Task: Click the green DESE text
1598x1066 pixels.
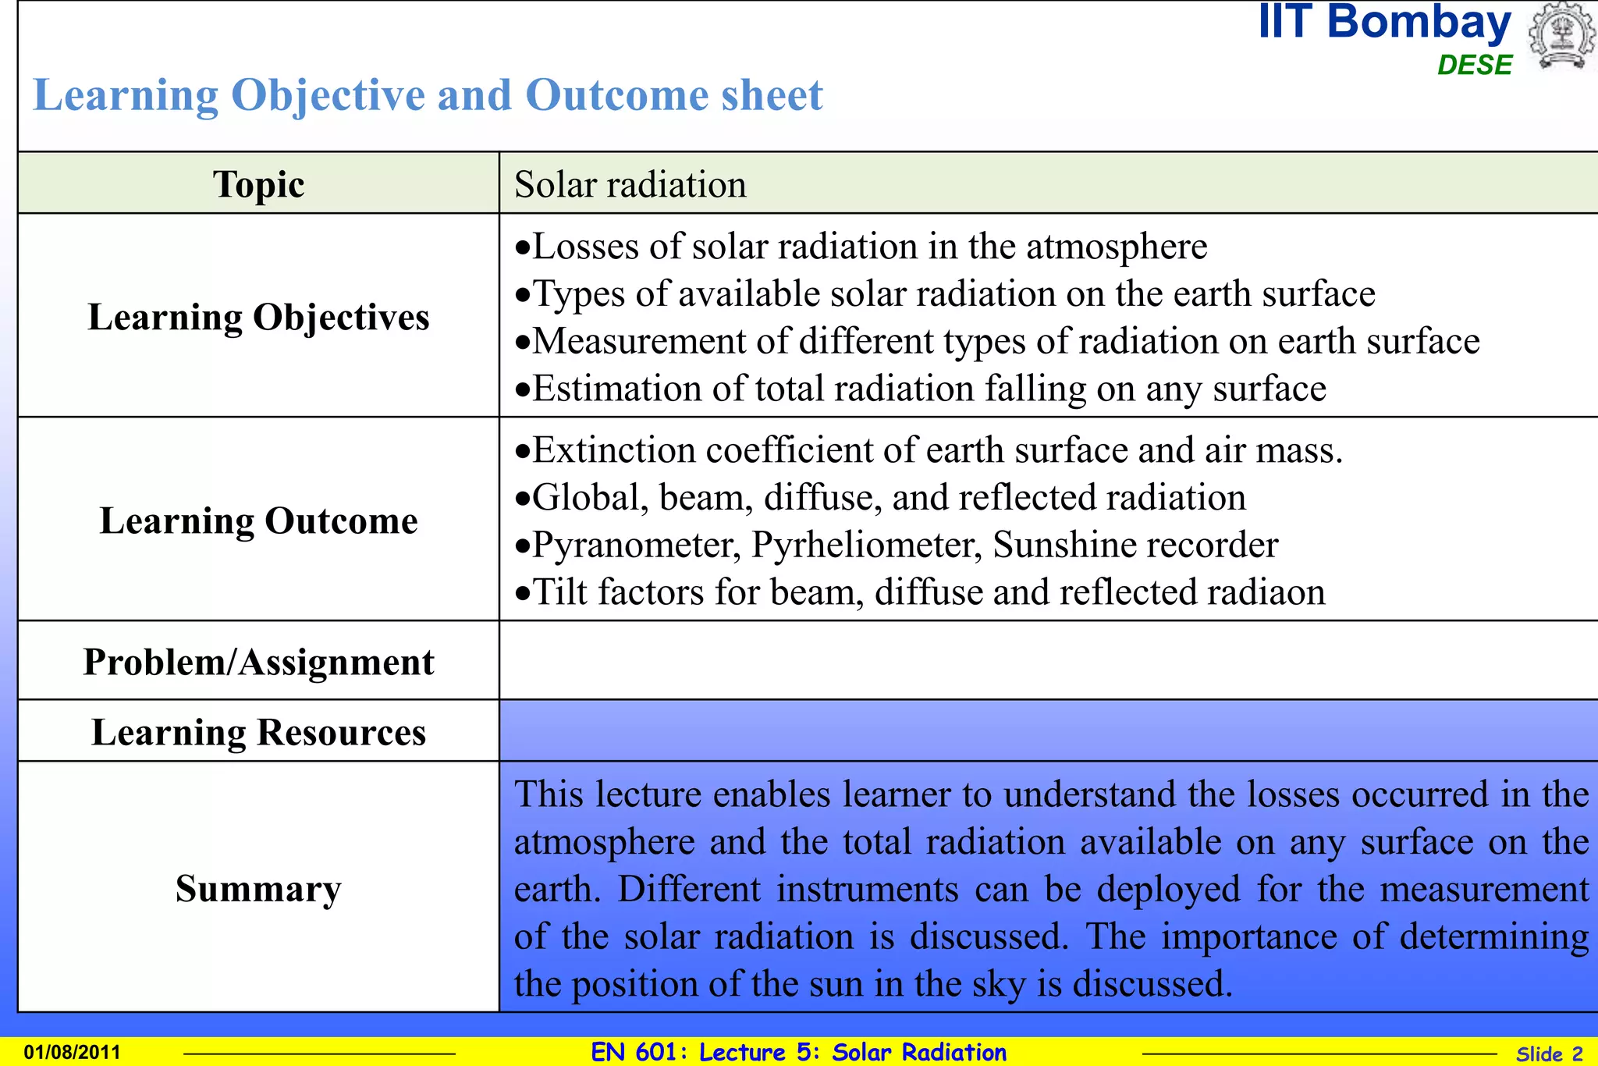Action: click(x=1474, y=65)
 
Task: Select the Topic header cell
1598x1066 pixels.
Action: click(x=258, y=184)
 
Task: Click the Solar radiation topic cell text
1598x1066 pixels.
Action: click(x=630, y=184)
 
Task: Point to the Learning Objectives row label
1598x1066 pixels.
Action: click(x=258, y=317)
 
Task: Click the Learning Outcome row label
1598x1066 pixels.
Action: click(x=258, y=521)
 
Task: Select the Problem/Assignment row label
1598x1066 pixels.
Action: click(x=258, y=662)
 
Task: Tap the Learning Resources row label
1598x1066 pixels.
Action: click(x=258, y=732)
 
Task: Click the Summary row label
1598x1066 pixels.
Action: click(x=258, y=888)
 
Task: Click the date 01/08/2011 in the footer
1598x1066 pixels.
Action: click(x=72, y=1052)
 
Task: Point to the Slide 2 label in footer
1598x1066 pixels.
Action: click(x=1549, y=1054)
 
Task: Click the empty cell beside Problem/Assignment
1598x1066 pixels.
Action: click(x=1046, y=661)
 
